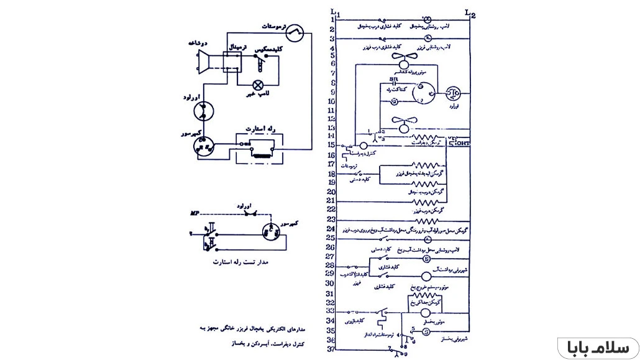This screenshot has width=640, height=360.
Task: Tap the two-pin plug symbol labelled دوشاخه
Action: (203, 62)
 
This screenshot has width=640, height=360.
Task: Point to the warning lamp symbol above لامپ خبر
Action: (257, 85)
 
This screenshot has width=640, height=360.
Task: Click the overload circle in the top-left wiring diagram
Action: (203, 111)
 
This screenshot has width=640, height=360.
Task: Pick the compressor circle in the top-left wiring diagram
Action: (203, 145)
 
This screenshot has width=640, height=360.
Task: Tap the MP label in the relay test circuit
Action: (194, 213)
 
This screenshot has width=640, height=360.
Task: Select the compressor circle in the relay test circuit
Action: (271, 231)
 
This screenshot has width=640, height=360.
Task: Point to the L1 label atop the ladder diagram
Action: (334, 12)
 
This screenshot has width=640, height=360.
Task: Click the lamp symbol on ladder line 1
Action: (427, 19)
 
